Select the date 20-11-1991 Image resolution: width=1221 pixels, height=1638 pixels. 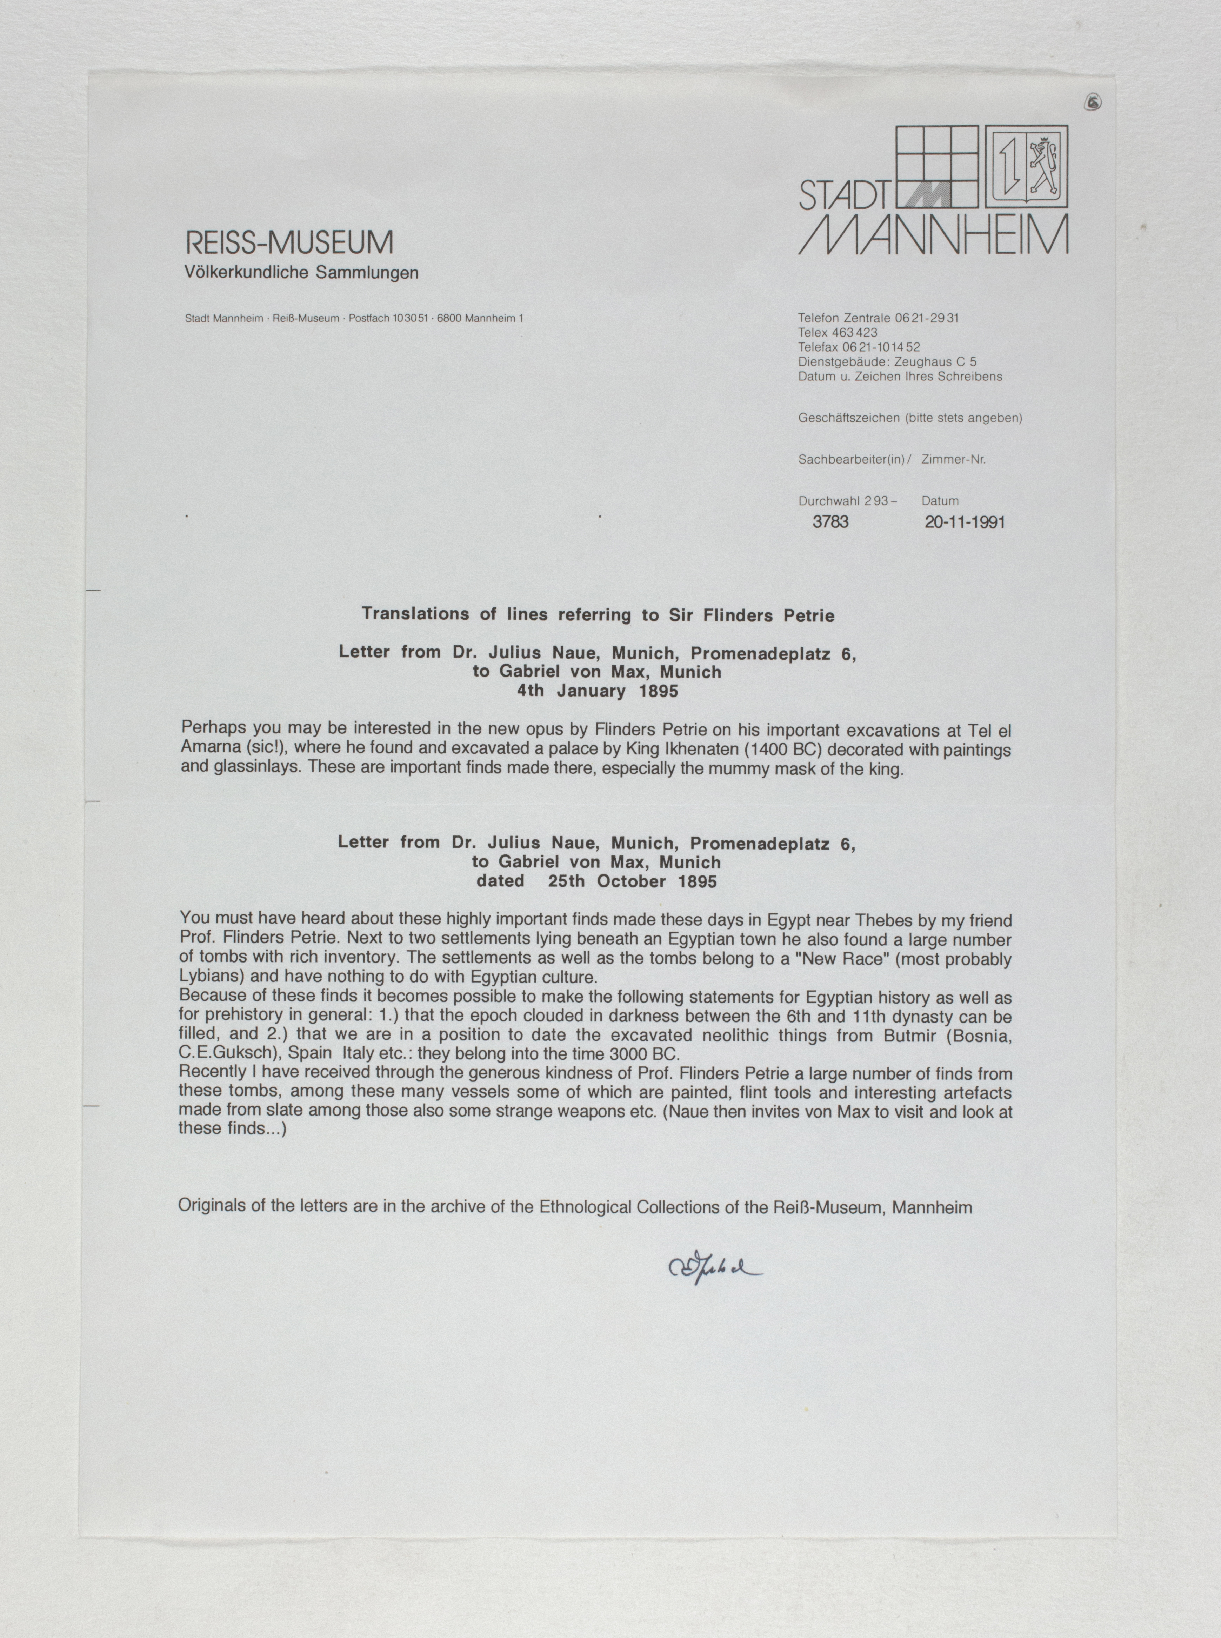click(965, 522)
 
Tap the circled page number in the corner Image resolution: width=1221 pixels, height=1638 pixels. click(1093, 104)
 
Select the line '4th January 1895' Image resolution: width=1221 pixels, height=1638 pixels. click(597, 691)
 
